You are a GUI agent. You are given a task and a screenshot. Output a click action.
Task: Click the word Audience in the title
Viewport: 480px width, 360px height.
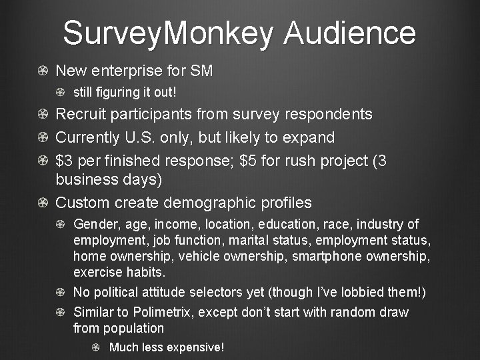[349, 33]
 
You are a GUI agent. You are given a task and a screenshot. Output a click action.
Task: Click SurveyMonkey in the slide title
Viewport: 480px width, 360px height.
[168, 33]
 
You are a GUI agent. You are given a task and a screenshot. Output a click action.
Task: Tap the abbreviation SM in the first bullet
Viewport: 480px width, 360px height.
[201, 71]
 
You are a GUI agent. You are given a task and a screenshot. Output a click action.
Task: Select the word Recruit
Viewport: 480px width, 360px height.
[79, 114]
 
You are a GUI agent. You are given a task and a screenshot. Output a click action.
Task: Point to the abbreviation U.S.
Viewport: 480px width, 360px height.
[139, 137]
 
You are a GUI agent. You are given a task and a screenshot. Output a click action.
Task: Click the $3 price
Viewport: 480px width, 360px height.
[63, 161]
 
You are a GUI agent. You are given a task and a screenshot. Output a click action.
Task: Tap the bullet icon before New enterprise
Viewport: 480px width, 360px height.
[43, 71]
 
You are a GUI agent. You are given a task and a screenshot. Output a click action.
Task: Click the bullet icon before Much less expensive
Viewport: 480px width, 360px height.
[96, 347]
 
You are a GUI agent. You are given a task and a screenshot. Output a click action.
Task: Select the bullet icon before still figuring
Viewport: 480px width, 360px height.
[61, 91]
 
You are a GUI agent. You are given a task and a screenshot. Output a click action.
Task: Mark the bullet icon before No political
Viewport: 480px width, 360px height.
[61, 292]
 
